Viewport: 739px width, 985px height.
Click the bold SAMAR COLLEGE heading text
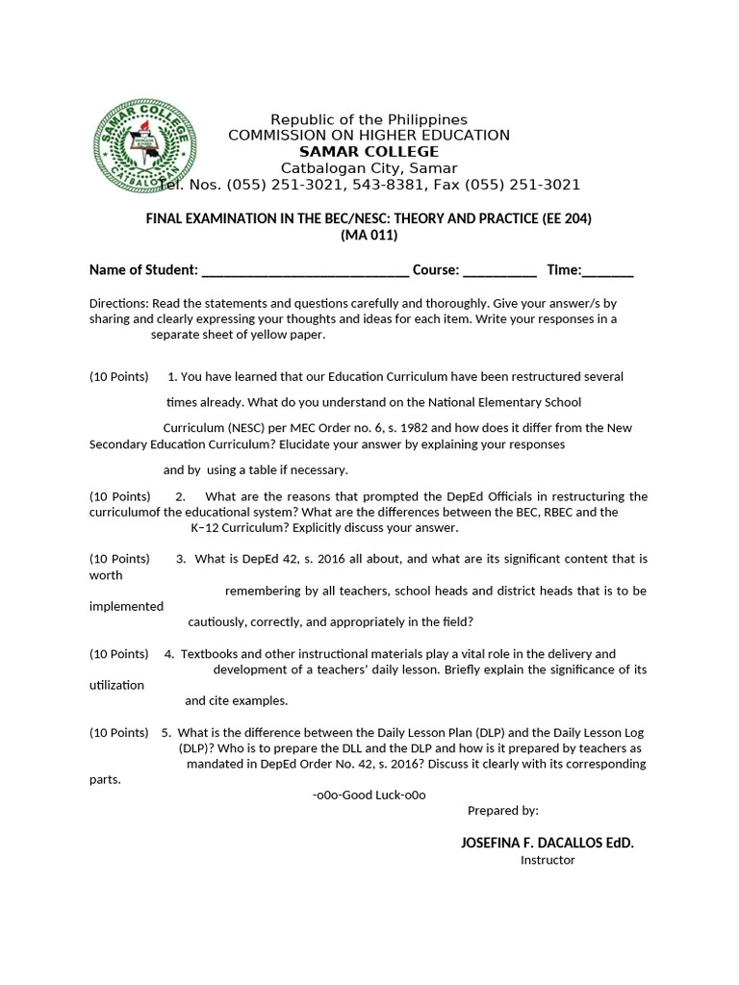pyautogui.click(x=369, y=152)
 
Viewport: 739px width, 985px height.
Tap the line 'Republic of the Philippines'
pyautogui.click(x=369, y=119)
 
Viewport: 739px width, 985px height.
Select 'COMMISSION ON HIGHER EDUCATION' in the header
pyautogui.click(x=369, y=136)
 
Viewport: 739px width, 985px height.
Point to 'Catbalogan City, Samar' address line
pyautogui.click(x=369, y=168)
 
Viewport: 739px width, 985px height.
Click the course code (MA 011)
pyautogui.click(x=369, y=236)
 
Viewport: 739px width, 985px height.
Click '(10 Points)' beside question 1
pyautogui.click(x=119, y=376)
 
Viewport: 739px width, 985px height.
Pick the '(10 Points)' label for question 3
pyautogui.click(x=119, y=558)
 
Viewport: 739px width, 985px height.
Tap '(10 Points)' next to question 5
pyautogui.click(x=119, y=732)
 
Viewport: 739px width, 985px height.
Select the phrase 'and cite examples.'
pyautogui.click(x=236, y=700)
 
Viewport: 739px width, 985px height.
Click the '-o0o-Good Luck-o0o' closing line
pyautogui.click(x=369, y=796)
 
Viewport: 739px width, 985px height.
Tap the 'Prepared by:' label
pyautogui.click(x=502, y=811)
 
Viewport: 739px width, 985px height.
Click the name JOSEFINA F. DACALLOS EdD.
pyautogui.click(x=548, y=843)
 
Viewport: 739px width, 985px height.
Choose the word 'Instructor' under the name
pyautogui.click(x=548, y=860)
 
